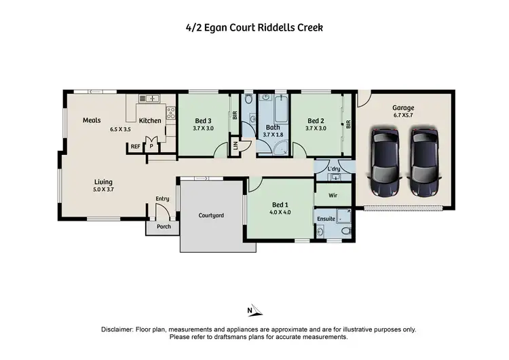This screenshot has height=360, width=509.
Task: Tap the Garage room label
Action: tap(403, 108)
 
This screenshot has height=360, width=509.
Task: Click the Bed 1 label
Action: tap(280, 204)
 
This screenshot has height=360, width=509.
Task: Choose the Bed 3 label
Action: tap(203, 120)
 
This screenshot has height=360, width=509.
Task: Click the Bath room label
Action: tap(273, 127)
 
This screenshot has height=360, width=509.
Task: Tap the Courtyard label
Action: tap(211, 215)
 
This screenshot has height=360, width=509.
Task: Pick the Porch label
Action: tap(164, 227)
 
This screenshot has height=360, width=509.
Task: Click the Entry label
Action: tap(162, 198)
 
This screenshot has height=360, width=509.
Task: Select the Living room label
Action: tap(103, 181)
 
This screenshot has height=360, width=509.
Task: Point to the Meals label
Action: tap(92, 120)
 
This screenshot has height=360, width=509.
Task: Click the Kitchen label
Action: tap(150, 121)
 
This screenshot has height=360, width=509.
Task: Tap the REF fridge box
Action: tap(135, 146)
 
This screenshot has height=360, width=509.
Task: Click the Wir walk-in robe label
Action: tap(333, 195)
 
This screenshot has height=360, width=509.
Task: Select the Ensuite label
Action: tap(325, 219)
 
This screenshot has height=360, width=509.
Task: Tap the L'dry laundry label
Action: tap(333, 168)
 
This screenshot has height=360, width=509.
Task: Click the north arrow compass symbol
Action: tap(251, 310)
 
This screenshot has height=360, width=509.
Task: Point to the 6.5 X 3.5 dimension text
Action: tap(122, 129)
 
